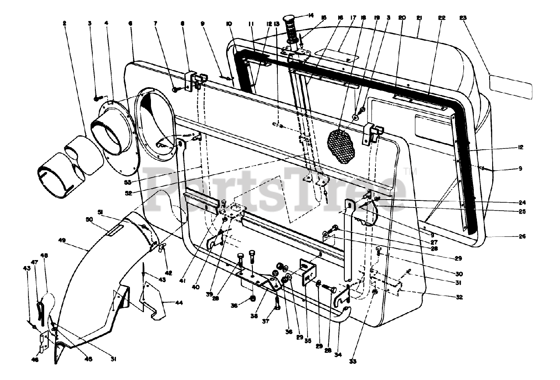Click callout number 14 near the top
pyautogui.click(x=311, y=16)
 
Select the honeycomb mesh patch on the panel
pyautogui.click(x=342, y=146)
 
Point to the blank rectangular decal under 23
pyautogui.click(x=510, y=86)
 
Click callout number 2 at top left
pyautogui.click(x=64, y=24)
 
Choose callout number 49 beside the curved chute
pyautogui.click(x=62, y=240)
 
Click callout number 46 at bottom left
pyautogui.click(x=35, y=360)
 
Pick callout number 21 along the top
pyautogui.click(x=419, y=18)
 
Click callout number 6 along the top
pyautogui.click(x=131, y=24)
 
